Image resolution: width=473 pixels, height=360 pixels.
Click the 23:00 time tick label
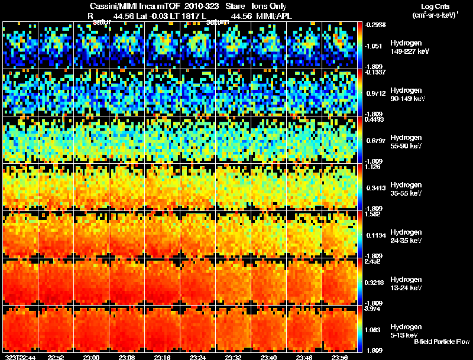(91, 357)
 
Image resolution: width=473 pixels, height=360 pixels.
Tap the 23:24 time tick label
(197, 357)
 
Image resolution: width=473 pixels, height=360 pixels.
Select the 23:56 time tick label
(339, 357)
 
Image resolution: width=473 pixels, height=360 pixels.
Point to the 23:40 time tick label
(268, 357)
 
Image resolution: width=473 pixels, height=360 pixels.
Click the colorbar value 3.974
(372, 308)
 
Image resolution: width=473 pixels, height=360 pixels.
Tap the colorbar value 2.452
(372, 261)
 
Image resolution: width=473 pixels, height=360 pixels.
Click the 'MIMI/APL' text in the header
(275, 16)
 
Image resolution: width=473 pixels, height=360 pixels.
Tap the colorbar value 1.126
(372, 167)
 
